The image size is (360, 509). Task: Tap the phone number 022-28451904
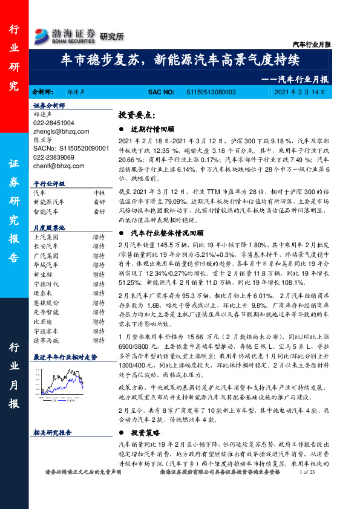54,122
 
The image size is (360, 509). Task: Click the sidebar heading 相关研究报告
53,433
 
